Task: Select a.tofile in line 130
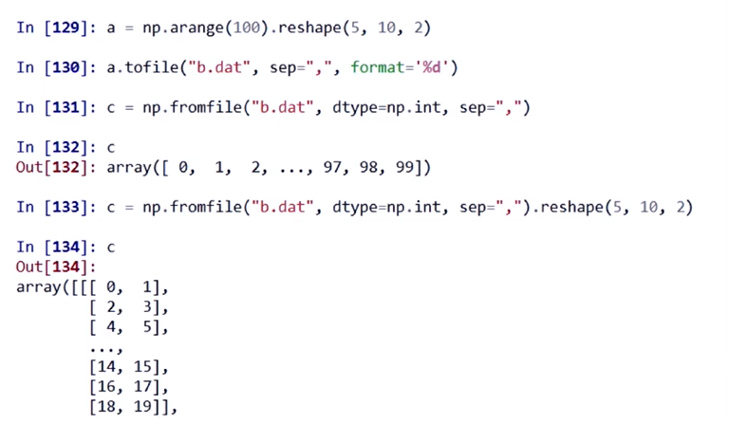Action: pyautogui.click(x=132, y=67)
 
